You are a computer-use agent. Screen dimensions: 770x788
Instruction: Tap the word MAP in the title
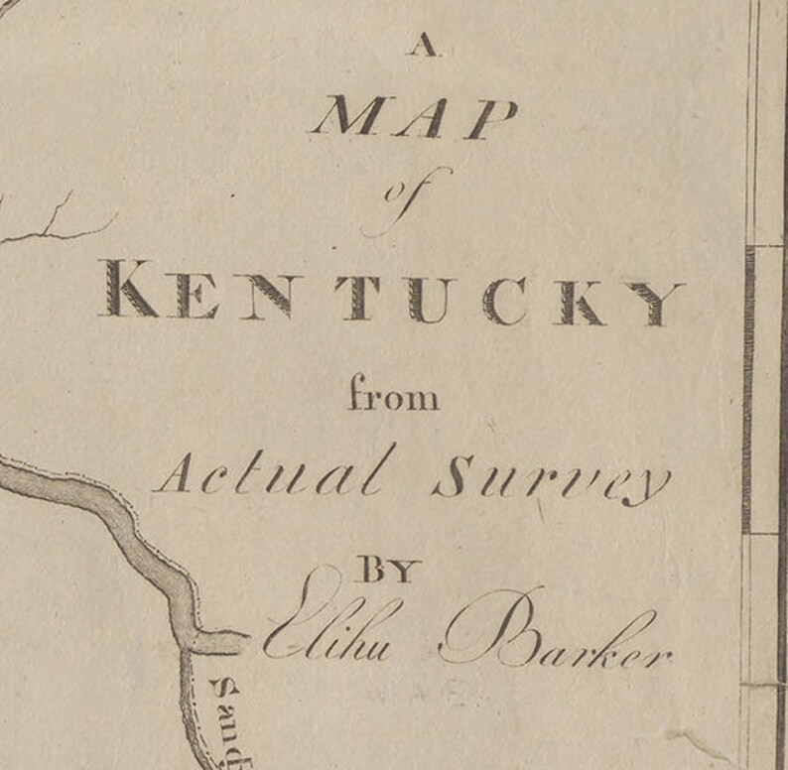tap(415, 119)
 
